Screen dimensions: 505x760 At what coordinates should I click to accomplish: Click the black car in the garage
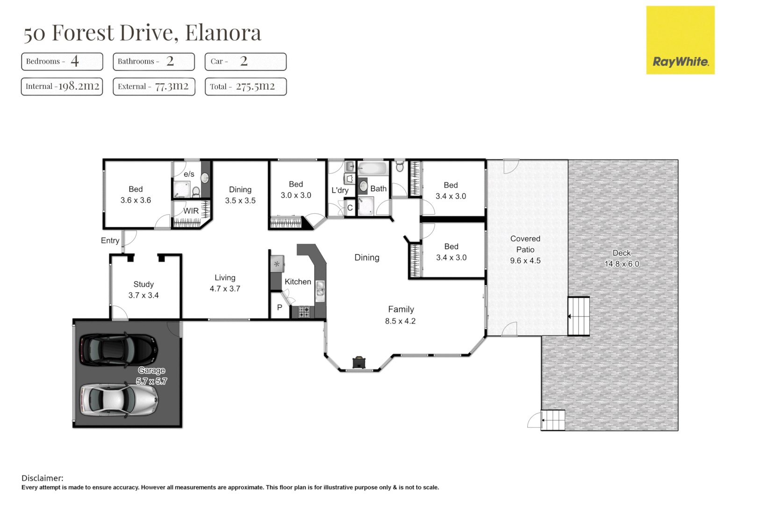tap(118, 349)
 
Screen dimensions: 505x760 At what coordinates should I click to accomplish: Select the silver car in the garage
tap(118, 400)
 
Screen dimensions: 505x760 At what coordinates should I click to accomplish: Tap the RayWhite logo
tap(680, 40)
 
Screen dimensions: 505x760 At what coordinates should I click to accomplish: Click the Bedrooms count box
tap(62, 61)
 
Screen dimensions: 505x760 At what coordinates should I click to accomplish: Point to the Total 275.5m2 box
tap(245, 87)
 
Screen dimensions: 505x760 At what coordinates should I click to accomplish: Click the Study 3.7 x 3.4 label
tap(143, 290)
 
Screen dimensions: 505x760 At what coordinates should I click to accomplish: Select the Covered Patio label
tap(525, 249)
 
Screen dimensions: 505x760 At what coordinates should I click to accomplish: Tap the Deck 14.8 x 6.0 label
tap(622, 259)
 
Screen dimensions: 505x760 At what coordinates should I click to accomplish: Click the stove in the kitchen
tap(304, 312)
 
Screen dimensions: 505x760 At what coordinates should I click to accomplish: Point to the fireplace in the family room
tap(358, 362)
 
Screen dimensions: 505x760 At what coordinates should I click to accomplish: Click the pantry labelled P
tap(280, 307)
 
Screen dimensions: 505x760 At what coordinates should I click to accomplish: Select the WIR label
tap(191, 211)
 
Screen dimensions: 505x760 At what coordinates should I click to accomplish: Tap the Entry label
tap(110, 240)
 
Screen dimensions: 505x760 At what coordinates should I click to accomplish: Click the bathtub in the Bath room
tap(373, 168)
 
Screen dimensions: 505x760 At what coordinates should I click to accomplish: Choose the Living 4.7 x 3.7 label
tap(225, 283)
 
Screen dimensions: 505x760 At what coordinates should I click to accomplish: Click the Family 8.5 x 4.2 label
tap(401, 315)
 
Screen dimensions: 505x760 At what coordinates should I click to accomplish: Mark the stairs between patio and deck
tap(579, 317)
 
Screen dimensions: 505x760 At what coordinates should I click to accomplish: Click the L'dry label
tap(340, 190)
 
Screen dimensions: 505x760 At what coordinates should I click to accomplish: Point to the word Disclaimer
tap(42, 478)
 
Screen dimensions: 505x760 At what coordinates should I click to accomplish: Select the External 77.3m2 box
tap(154, 87)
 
